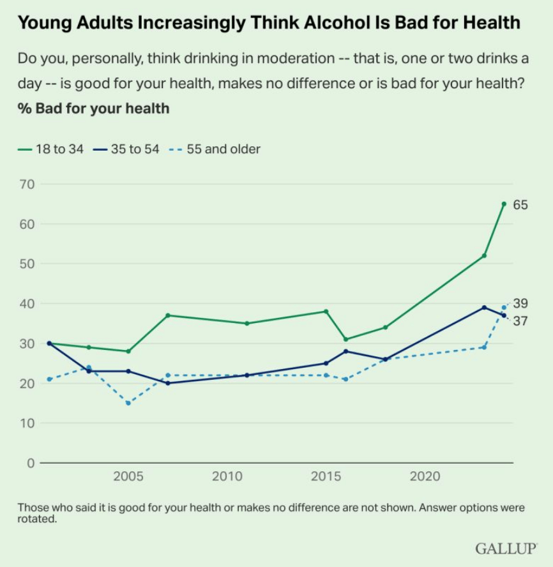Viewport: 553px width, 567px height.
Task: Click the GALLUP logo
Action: point(506,548)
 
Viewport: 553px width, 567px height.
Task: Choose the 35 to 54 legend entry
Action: point(127,149)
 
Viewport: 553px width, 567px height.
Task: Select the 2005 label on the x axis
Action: point(128,477)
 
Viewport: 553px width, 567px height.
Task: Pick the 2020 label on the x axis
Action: point(425,477)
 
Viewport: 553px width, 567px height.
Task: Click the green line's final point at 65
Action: point(504,204)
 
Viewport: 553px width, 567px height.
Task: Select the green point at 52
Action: point(484,255)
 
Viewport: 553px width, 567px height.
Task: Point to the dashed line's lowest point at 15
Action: point(128,403)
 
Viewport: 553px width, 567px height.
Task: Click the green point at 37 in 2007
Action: point(168,315)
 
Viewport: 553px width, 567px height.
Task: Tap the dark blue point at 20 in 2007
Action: point(168,383)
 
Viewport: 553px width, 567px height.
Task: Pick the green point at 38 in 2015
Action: point(326,312)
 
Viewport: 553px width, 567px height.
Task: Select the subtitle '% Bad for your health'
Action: point(93,108)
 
